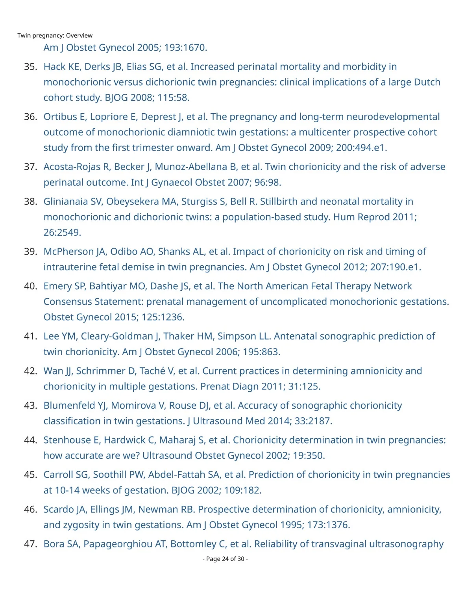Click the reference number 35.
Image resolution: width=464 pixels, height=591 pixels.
tap(30, 67)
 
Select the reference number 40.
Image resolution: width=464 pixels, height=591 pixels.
tap(30, 286)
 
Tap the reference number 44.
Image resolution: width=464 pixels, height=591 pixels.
tap(30, 440)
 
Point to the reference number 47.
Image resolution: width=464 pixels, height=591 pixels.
tap(30, 544)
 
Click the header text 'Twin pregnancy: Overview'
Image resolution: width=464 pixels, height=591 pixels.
tap(55, 35)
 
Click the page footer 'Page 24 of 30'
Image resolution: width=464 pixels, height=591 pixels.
tap(225, 559)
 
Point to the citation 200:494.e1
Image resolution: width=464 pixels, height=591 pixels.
tap(361, 148)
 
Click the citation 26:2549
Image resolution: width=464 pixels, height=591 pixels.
tap(62, 233)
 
